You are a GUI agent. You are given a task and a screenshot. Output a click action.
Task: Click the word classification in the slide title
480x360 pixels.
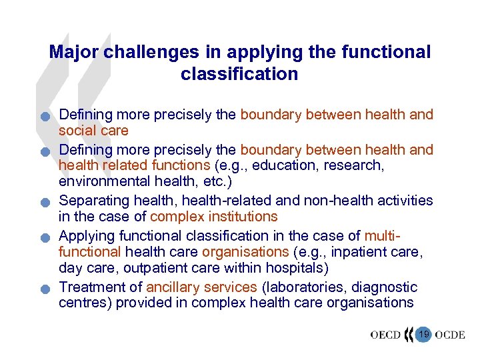tap(239, 73)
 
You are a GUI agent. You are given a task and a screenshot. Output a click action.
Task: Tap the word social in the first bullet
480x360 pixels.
tap(77, 130)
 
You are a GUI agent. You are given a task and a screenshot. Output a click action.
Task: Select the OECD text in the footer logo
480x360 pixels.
tap(385, 334)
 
